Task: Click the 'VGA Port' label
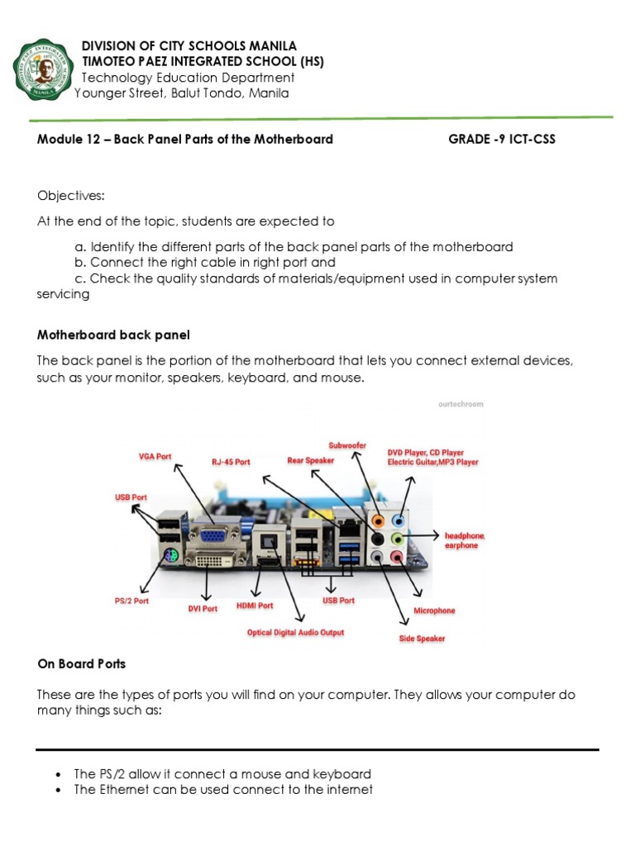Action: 155,456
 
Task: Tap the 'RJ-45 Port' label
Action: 231,462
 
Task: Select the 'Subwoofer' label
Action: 347,445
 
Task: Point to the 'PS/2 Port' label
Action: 131,601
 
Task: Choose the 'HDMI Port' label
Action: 254,605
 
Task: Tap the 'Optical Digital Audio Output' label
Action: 295,633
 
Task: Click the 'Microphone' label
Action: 434,611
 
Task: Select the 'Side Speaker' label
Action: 422,639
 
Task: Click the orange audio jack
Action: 378,521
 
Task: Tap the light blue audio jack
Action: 399,521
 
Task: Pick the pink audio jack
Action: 398,558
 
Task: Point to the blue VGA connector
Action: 212,535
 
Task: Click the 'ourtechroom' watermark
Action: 461,404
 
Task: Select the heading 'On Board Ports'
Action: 82,663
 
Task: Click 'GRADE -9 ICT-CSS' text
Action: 502,139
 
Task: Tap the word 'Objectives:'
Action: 71,195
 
